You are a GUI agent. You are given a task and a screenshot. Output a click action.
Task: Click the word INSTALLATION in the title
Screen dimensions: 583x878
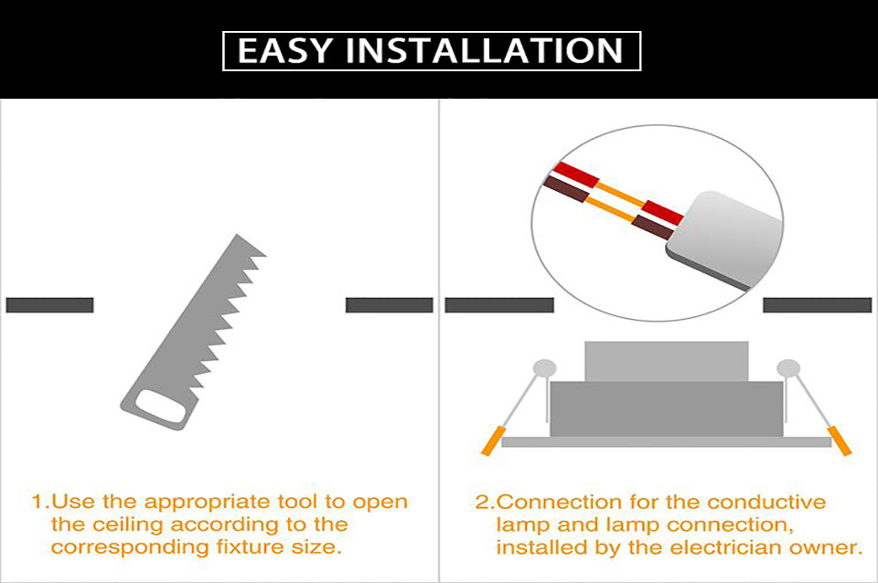[x=490, y=50]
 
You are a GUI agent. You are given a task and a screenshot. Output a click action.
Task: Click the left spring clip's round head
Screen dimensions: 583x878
[x=545, y=368]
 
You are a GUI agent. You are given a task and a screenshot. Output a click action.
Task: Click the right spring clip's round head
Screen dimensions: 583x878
[x=788, y=368]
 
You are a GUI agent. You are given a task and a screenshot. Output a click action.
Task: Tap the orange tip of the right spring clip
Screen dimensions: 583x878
[x=840, y=441]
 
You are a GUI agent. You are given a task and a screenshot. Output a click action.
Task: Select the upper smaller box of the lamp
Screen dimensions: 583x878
[x=666, y=361]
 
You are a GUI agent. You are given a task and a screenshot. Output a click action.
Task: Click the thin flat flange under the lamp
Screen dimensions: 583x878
[x=666, y=441]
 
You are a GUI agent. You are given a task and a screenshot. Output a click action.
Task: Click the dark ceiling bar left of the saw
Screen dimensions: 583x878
[x=49, y=305]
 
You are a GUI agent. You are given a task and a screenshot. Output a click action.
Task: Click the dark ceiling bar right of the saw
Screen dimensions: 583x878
[x=389, y=305]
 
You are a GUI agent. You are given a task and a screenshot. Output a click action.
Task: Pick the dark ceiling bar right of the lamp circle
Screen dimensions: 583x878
[x=816, y=305]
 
